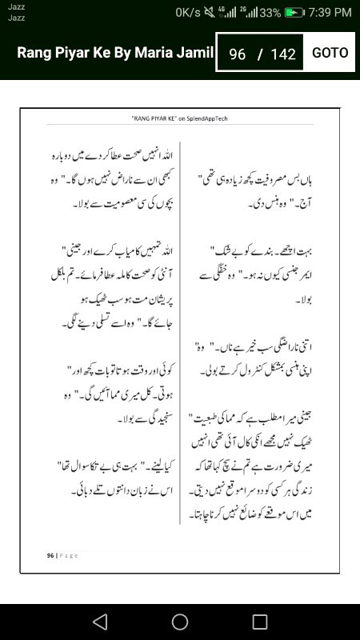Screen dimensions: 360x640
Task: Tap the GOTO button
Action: tap(330, 53)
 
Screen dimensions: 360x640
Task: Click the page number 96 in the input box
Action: tap(237, 54)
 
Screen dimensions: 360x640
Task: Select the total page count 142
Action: tap(283, 54)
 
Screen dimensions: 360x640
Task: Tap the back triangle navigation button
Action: tap(100, 622)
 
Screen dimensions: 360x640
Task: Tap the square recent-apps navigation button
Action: tap(260, 622)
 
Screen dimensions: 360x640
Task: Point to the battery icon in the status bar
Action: tap(294, 12)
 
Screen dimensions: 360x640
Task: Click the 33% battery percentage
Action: tap(270, 12)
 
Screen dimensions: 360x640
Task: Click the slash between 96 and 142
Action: tap(260, 54)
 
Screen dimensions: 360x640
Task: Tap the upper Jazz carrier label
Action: tap(15, 7)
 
